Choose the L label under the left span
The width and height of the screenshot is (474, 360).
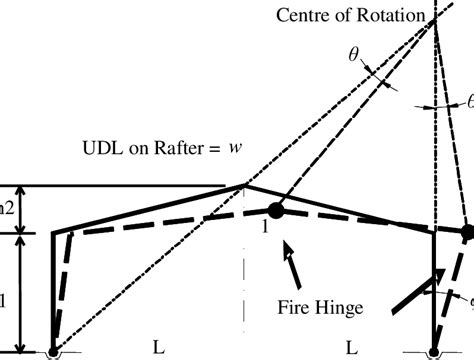[x=157, y=347]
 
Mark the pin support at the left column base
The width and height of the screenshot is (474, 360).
[x=54, y=352]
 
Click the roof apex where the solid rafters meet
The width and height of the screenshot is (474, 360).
[x=245, y=185]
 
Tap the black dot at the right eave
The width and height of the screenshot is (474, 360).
[x=467, y=231]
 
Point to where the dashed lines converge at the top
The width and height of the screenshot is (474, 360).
[x=436, y=22]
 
